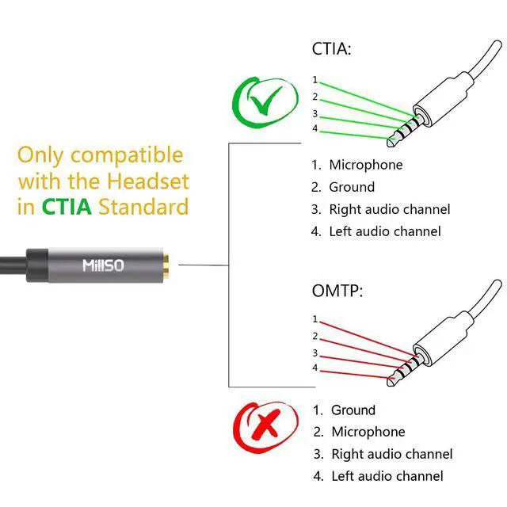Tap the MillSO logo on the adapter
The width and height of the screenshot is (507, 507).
point(103,265)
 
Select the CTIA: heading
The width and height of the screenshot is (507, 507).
point(331,49)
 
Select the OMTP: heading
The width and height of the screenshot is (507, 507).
point(337,291)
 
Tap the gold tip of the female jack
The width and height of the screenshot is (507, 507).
point(170,264)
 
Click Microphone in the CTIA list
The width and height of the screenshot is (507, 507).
point(366,165)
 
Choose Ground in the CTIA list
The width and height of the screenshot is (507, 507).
point(352,187)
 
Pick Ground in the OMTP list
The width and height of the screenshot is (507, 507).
point(353,410)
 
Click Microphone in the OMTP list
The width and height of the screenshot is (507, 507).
point(368,432)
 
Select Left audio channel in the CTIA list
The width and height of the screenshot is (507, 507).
point(385,231)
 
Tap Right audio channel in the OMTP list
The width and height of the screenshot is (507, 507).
point(391,454)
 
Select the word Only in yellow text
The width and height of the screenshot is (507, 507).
point(41,154)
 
